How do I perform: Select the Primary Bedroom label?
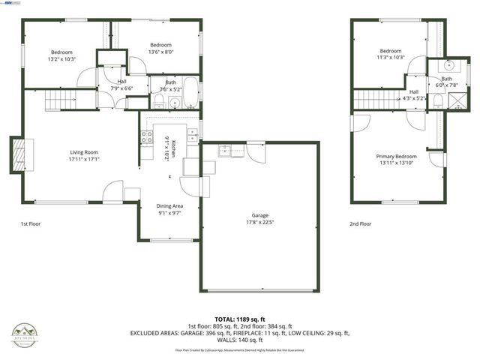396,156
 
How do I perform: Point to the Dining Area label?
169,205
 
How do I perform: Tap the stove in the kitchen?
147,137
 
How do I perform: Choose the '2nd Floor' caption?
360,223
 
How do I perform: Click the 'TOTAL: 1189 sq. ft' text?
240,319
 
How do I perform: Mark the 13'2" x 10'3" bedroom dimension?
61,59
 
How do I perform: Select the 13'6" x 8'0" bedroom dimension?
160,52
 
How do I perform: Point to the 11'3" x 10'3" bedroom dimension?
390,58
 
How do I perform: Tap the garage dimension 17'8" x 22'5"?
259,223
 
